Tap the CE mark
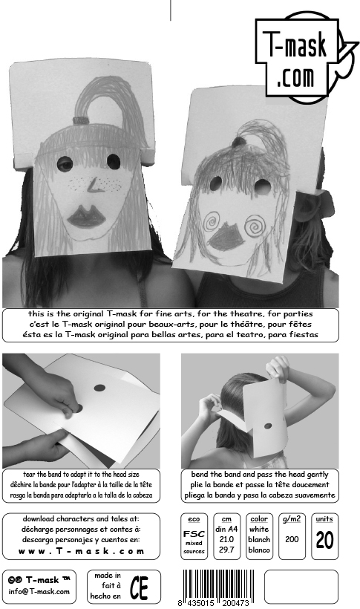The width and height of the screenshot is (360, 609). point(139,587)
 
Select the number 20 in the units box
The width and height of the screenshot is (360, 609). point(324,540)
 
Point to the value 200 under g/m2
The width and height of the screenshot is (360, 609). point(292,539)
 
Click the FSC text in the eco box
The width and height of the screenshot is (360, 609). point(194,534)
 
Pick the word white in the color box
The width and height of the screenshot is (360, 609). point(259,529)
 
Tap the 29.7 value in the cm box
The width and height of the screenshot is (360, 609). point(226,550)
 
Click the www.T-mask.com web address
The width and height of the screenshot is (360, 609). point(81,551)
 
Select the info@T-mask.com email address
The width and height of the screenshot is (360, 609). point(39,592)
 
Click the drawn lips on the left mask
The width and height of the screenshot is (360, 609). point(86,217)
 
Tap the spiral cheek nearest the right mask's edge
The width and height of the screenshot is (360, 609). point(255,225)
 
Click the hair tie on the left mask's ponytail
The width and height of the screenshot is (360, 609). point(81,120)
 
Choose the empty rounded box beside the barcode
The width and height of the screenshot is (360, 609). point(301,587)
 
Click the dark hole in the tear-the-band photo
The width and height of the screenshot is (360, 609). point(99,388)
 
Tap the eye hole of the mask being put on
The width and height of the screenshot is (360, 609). point(268,426)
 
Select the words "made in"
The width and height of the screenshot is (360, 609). point(108,576)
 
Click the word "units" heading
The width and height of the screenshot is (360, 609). point(324,519)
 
